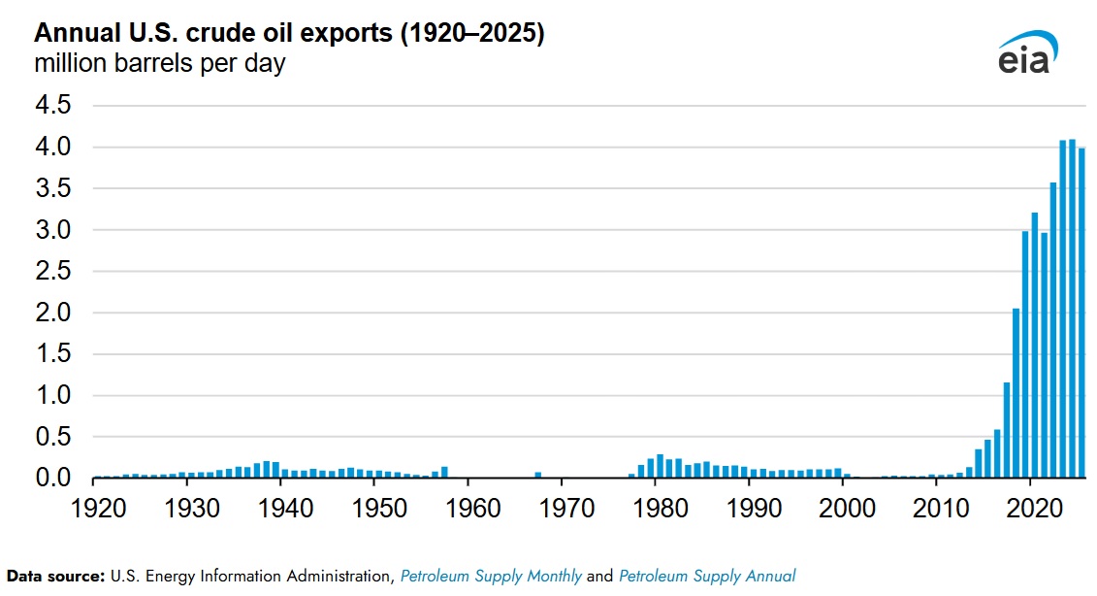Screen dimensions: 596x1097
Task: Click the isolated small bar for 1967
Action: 538,475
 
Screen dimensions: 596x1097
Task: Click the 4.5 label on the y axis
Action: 54,106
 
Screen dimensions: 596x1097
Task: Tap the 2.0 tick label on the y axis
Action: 54,314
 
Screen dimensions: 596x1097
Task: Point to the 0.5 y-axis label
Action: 54,438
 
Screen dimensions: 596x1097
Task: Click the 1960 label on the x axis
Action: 468,508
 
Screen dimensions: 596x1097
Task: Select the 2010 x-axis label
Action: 937,508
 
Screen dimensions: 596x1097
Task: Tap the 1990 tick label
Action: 750,508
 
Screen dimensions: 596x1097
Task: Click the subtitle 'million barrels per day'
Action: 160,65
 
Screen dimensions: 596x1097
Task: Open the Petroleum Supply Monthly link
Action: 491,577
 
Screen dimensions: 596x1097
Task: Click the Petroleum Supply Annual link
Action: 707,577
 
